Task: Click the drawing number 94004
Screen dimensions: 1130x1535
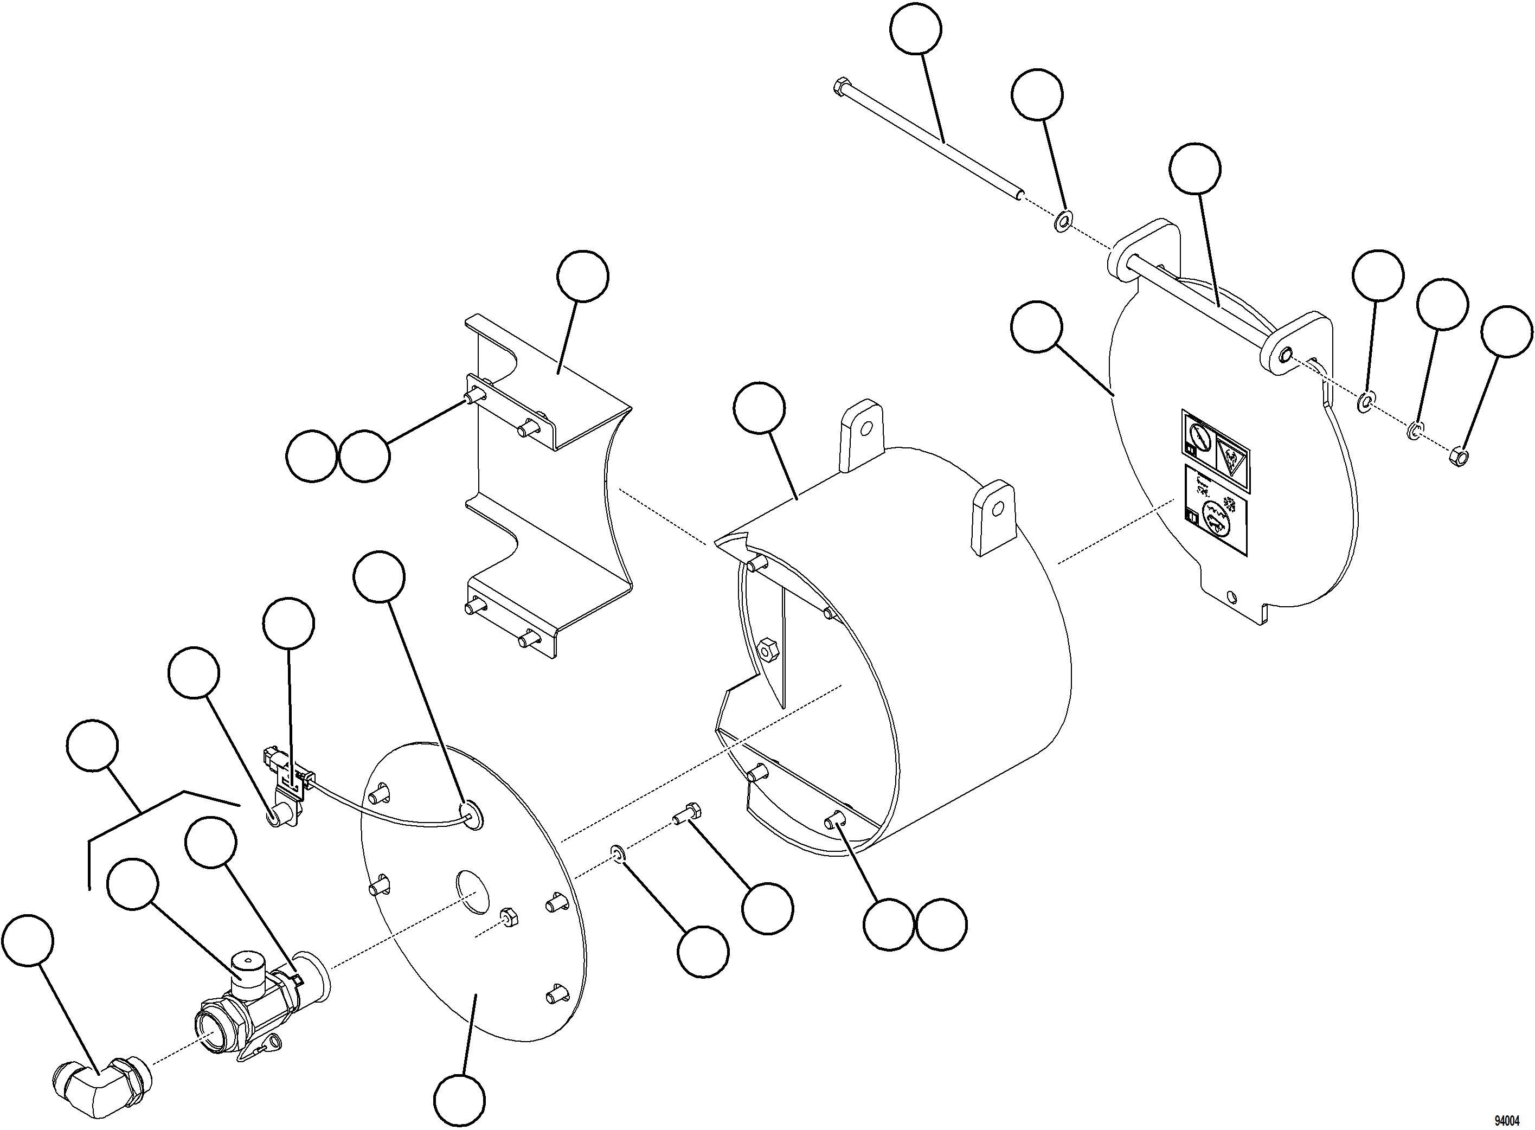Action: tap(1506, 1120)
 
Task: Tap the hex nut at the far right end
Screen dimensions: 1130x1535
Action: tap(1457, 457)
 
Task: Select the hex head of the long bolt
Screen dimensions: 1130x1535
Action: tap(840, 87)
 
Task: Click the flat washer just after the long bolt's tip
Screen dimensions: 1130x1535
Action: tap(1062, 221)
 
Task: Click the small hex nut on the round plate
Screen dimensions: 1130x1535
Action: tap(508, 916)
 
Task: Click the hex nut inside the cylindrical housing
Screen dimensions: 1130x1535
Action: tap(768, 648)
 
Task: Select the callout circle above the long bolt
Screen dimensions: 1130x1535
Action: tap(916, 28)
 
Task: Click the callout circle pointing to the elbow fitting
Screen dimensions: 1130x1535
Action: tap(28, 942)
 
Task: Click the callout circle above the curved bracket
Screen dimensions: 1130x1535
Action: tap(582, 277)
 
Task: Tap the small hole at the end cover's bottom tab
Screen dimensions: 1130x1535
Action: tap(1231, 596)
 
